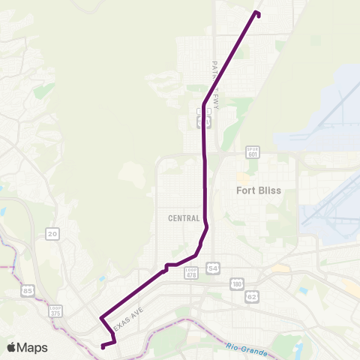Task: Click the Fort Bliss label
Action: click(x=258, y=190)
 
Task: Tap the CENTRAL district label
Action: click(x=184, y=218)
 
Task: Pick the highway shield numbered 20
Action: click(x=52, y=234)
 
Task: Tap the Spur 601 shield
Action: click(x=253, y=152)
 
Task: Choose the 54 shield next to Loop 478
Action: click(x=214, y=268)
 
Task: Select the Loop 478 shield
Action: click(x=191, y=272)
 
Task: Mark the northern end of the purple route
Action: click(x=257, y=13)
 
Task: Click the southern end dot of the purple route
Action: click(x=102, y=346)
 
